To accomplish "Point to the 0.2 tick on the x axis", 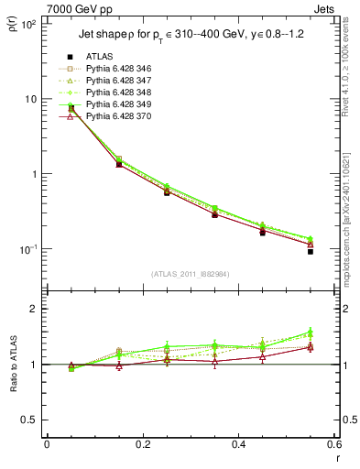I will [x=142, y=444].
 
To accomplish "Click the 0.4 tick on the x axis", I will [x=238, y=444].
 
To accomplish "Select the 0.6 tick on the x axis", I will [x=334, y=444].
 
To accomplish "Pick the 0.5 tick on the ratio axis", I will [x=31, y=420].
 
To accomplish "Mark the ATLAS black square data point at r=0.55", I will [x=311, y=250].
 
